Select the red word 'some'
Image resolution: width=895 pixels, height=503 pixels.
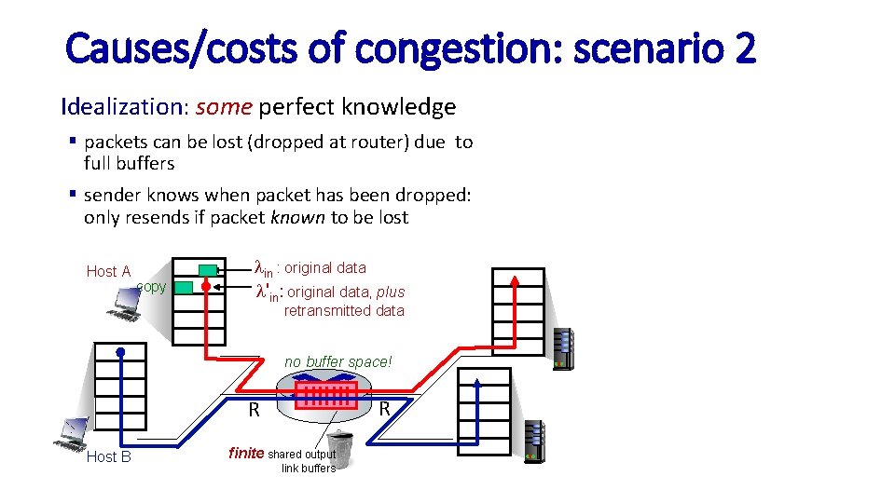224,107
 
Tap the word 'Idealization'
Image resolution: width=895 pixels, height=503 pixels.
123,107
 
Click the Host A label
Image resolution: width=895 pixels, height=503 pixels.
108,271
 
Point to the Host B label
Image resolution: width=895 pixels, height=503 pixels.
108,456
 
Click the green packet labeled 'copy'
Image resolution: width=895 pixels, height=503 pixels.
184,287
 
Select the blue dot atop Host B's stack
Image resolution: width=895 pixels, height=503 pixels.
120,352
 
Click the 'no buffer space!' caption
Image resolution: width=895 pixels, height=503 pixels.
338,361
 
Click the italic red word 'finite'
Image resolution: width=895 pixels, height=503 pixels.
246,454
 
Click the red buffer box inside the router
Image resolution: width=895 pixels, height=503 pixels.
325,395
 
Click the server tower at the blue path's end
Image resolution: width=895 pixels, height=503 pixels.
534,442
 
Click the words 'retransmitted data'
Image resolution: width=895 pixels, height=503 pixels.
344,311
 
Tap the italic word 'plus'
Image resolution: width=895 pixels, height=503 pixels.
391,292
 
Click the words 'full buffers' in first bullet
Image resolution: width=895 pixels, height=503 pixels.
129,163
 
